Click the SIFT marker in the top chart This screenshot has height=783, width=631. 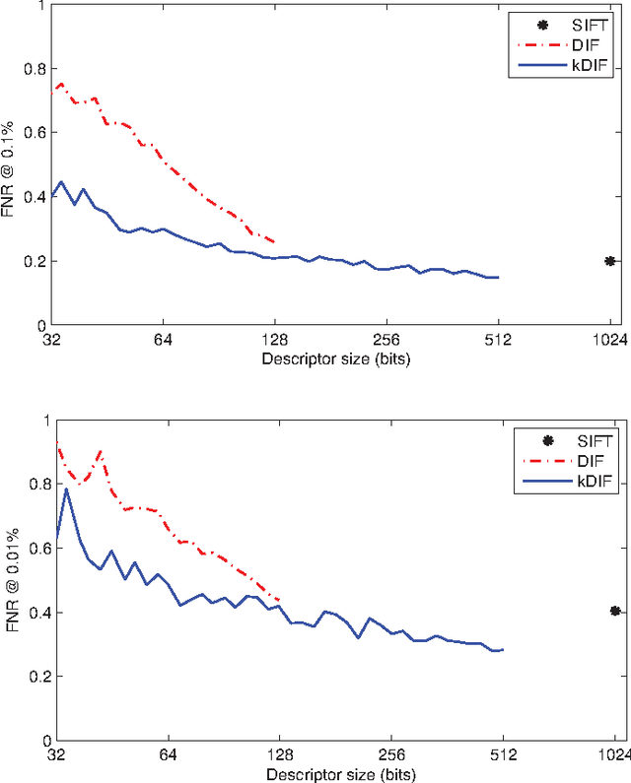[x=609, y=261]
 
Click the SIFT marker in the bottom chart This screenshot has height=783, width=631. [x=614, y=611]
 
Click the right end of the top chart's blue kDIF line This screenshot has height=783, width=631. [x=499, y=278]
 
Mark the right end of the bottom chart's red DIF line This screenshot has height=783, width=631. [x=280, y=600]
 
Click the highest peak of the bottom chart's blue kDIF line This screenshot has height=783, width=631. [x=66, y=489]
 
